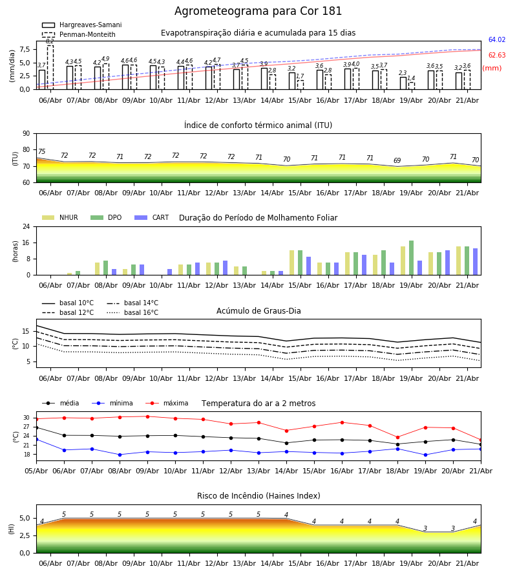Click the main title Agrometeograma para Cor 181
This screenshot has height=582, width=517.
[x=258, y=11]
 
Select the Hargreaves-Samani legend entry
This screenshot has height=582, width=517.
[x=82, y=25]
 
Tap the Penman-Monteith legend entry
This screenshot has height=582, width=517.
[x=79, y=34]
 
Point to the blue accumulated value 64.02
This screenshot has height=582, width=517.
[x=497, y=39]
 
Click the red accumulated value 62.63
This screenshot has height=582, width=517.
[x=497, y=56]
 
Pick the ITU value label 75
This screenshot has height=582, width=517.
[x=41, y=151]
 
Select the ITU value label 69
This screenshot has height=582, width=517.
[x=397, y=160]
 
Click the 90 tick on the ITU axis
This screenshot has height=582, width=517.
[x=26, y=134]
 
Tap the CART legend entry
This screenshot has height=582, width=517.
[x=152, y=217]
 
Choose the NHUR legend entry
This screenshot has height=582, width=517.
[x=60, y=217]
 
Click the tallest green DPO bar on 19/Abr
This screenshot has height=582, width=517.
[x=411, y=258]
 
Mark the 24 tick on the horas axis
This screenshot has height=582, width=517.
[x=26, y=226]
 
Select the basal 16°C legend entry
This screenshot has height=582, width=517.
[x=132, y=312]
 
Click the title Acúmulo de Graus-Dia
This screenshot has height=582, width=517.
[x=258, y=311]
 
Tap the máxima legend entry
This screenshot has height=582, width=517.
[x=167, y=403]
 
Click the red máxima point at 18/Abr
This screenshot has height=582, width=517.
[x=397, y=437]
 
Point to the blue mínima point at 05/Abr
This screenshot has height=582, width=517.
[x=37, y=440]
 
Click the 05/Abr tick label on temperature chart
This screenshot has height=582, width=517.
[x=36, y=471]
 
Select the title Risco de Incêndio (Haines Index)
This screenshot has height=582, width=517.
[x=258, y=496]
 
